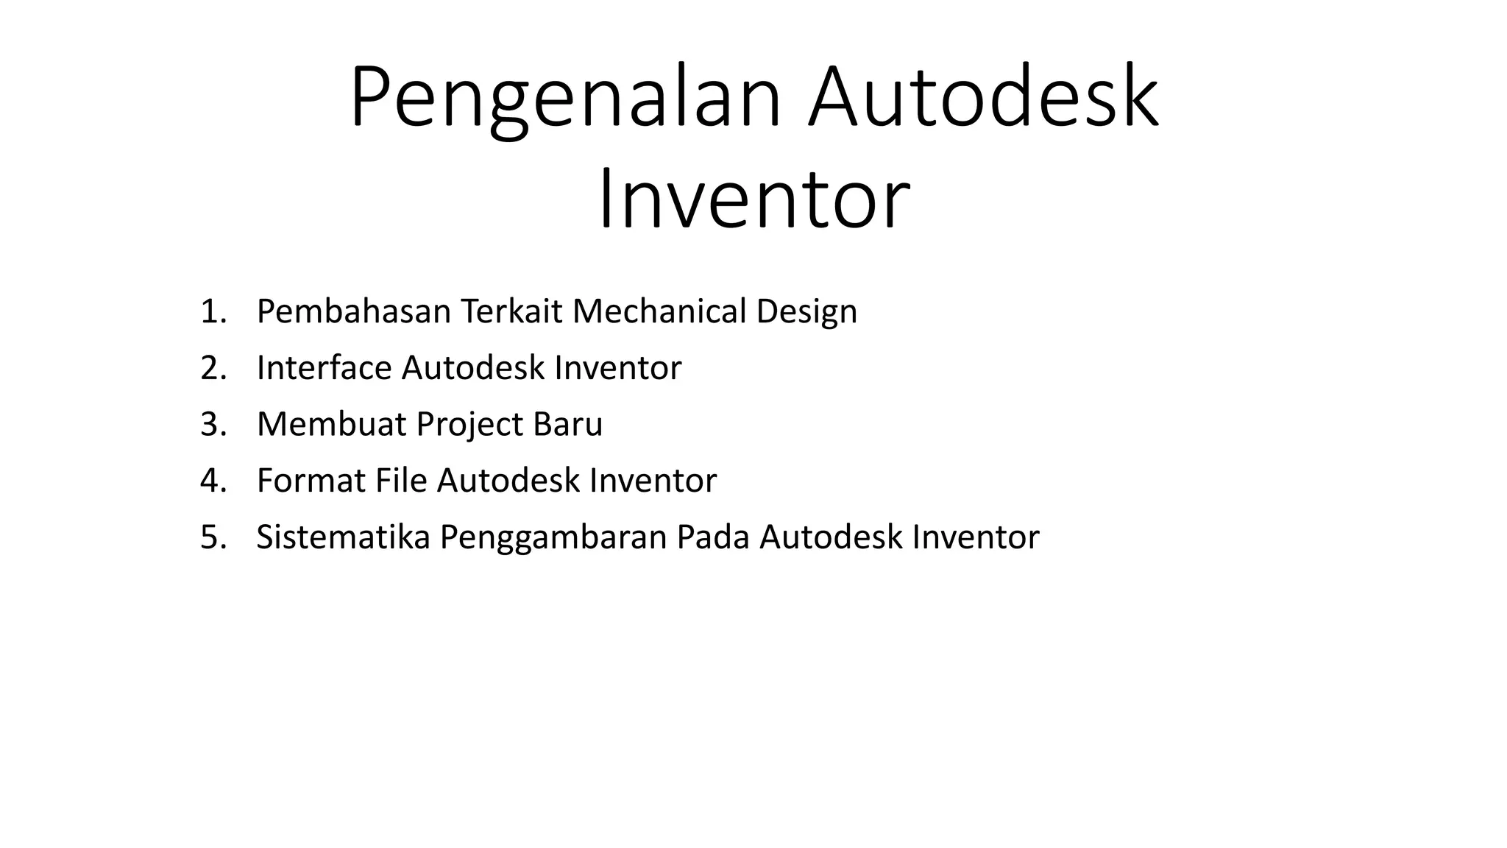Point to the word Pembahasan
coord(353,311)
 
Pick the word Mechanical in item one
coord(659,311)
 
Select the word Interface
coord(324,368)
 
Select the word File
coord(401,481)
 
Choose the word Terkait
coord(511,311)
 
